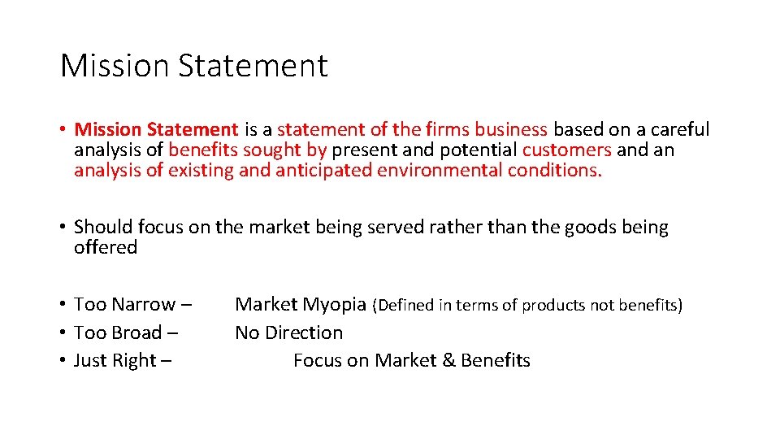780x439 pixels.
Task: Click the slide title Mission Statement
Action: pos(193,66)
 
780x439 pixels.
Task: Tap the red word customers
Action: pos(566,150)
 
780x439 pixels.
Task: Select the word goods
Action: pos(590,228)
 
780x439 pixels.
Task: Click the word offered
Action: pos(106,247)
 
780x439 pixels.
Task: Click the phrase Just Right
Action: pos(113,360)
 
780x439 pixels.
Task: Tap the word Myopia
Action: pos(335,305)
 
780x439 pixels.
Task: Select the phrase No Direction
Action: pos(288,333)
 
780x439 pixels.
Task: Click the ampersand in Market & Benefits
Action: pos(448,360)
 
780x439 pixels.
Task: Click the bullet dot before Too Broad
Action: pos(63,333)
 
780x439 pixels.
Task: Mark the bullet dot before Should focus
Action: pos(63,228)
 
